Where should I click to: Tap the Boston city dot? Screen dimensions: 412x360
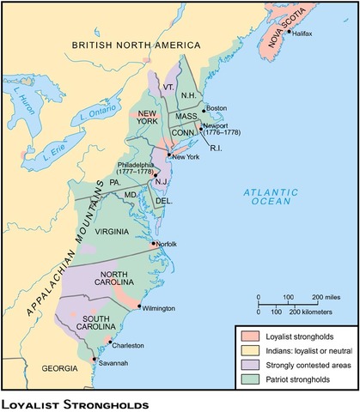click(204, 110)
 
